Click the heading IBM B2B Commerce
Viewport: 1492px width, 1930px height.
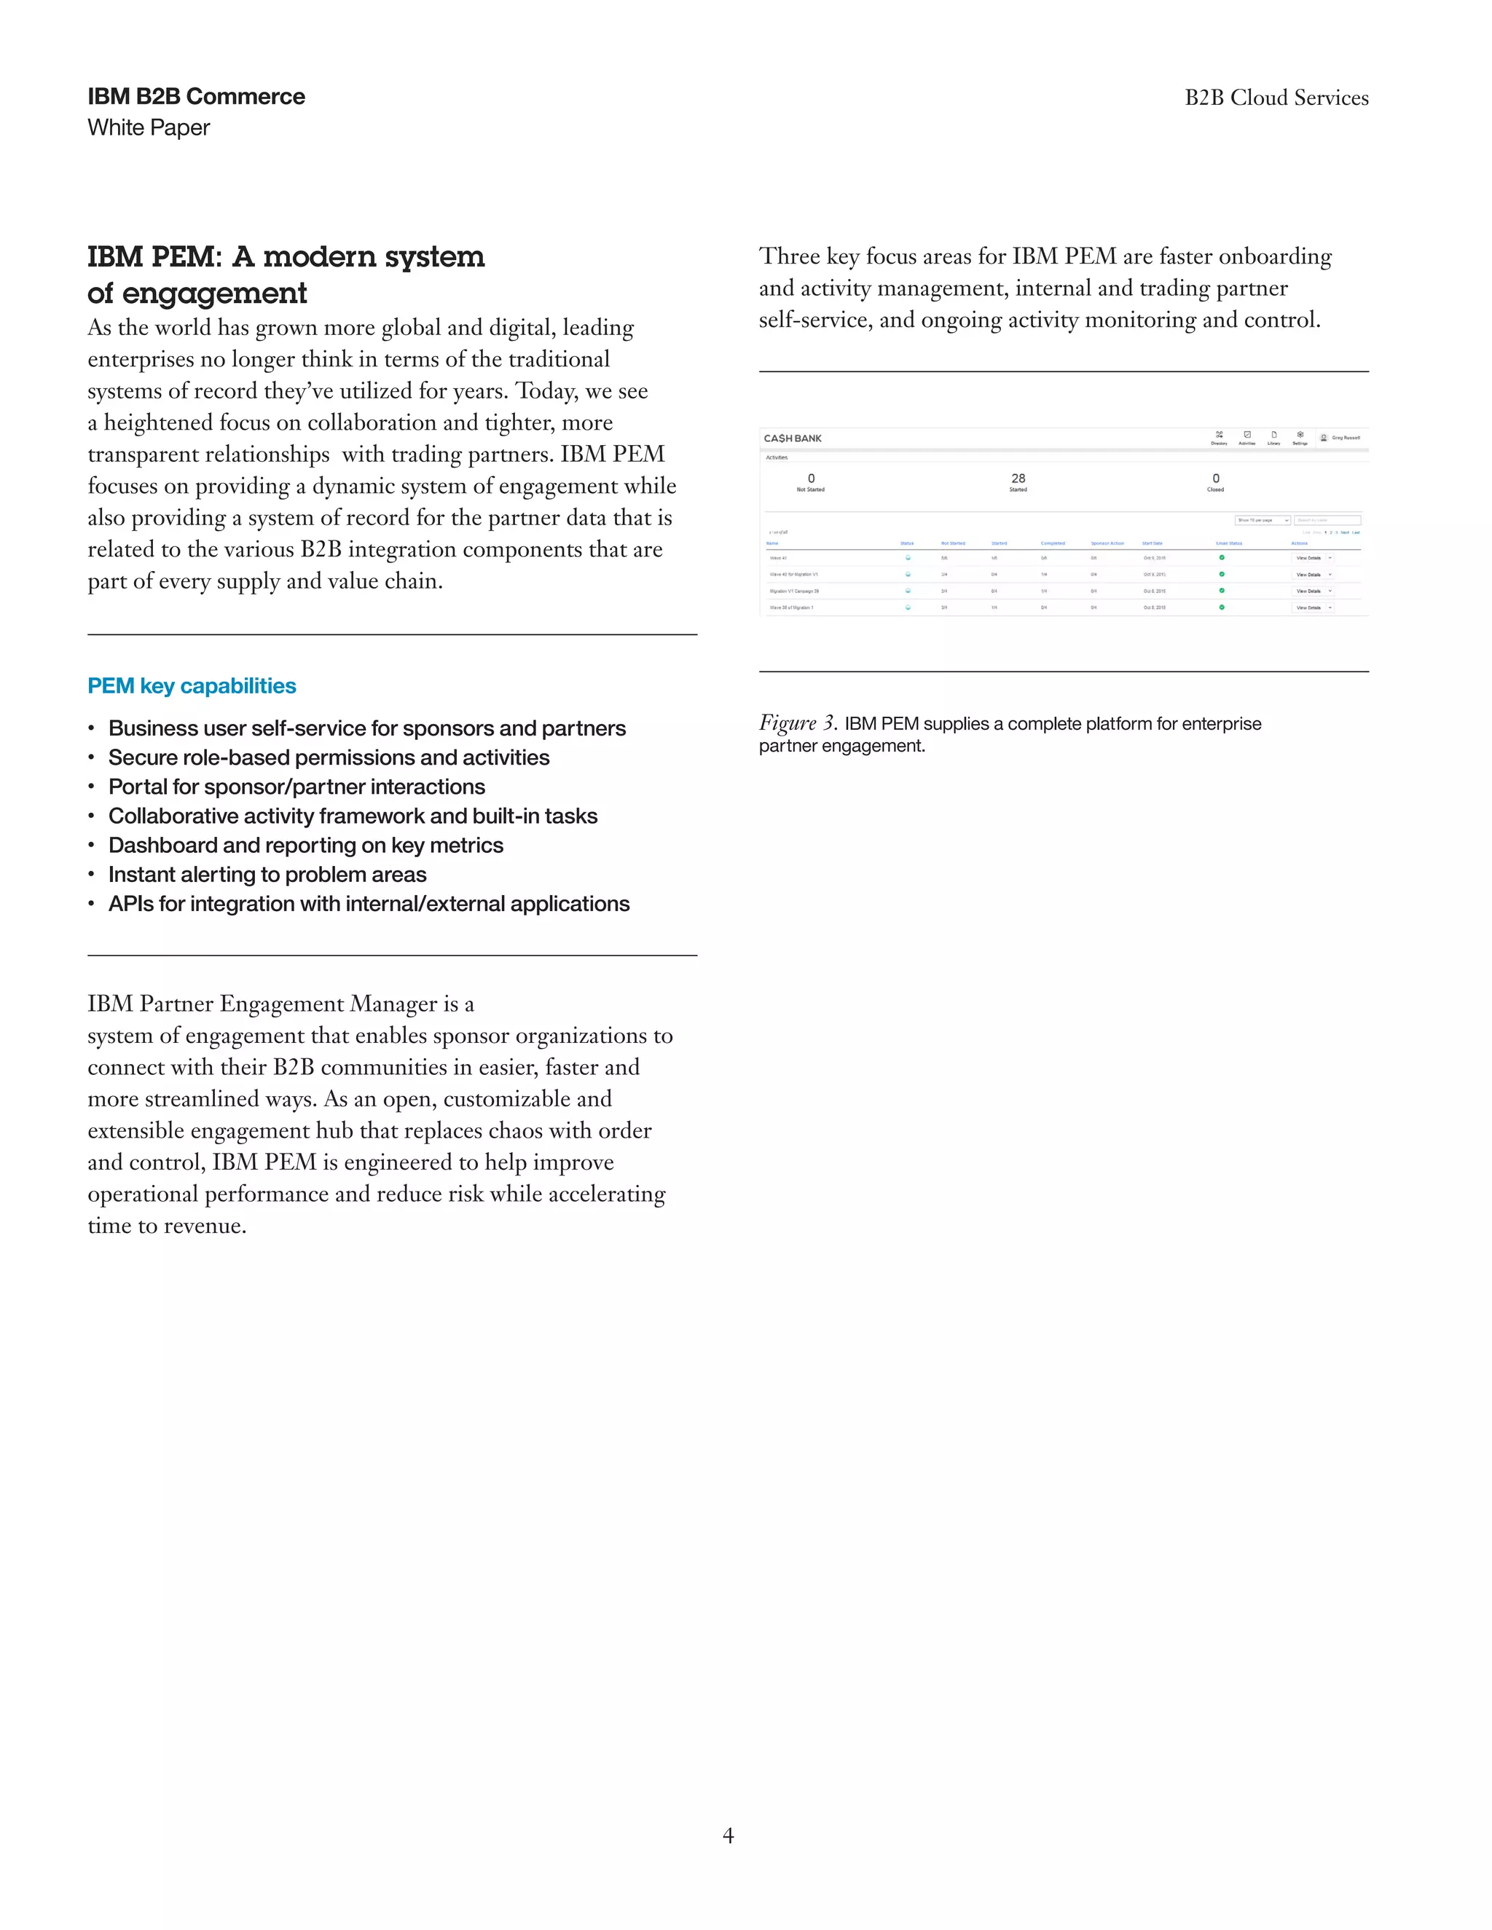pyautogui.click(x=195, y=96)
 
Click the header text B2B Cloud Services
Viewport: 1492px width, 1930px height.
pyautogui.click(x=1276, y=98)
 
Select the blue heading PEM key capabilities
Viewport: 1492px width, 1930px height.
pyautogui.click(x=191, y=686)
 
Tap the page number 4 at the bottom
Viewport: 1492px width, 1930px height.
pyautogui.click(x=728, y=1835)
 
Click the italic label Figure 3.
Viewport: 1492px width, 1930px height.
pyautogui.click(x=797, y=723)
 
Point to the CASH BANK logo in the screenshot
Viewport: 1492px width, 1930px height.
pyautogui.click(x=793, y=438)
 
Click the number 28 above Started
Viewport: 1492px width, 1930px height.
pyautogui.click(x=1018, y=478)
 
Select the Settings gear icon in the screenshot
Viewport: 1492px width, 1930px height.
pyautogui.click(x=1300, y=435)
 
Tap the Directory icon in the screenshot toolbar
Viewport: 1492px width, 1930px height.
pyautogui.click(x=1219, y=435)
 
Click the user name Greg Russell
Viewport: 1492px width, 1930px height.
pyautogui.click(x=1346, y=438)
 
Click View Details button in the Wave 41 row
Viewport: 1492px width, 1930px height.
pyautogui.click(x=1308, y=558)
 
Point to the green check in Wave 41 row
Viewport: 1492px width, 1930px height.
pyautogui.click(x=1222, y=558)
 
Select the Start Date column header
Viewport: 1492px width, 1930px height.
pyautogui.click(x=1152, y=543)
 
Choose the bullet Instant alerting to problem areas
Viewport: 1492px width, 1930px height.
pyautogui.click(x=267, y=875)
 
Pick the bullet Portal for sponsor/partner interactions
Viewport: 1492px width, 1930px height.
pyautogui.click(x=296, y=787)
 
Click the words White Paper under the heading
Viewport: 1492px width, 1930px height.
pyautogui.click(x=149, y=128)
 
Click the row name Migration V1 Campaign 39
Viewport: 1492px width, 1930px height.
pyautogui.click(x=794, y=591)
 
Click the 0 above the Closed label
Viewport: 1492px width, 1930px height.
pyautogui.click(x=1215, y=478)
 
